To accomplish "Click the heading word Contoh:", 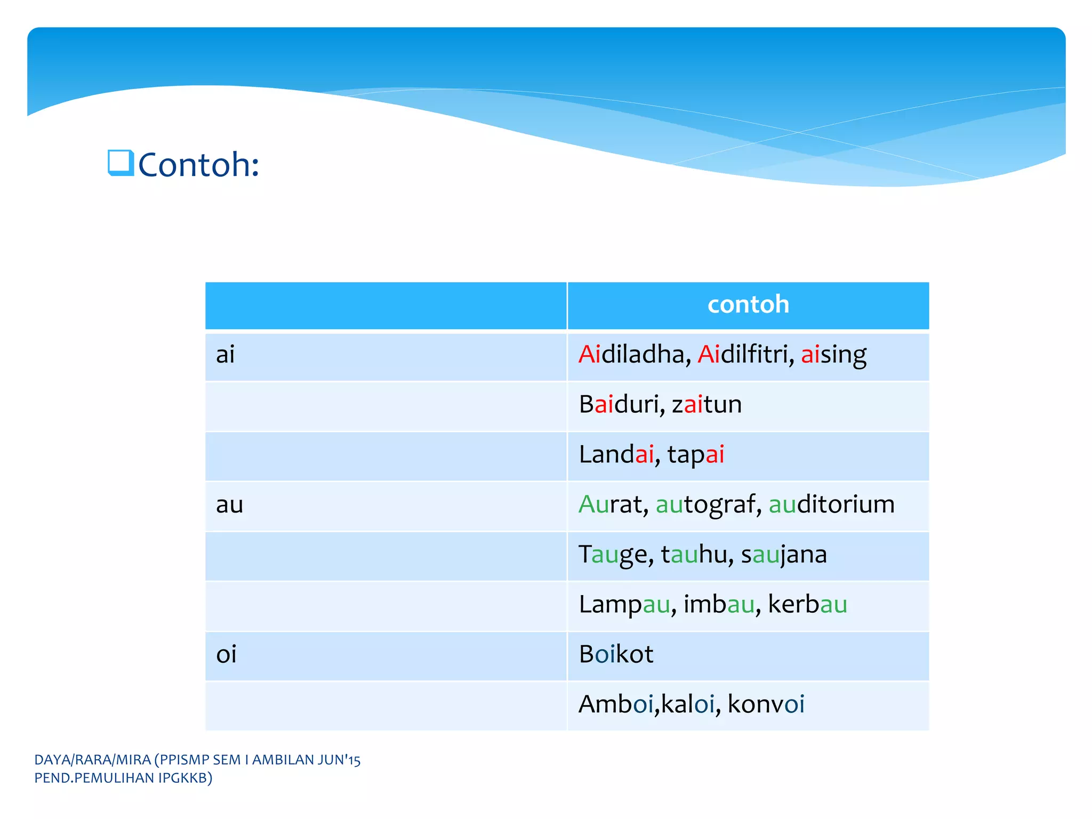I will coord(198,165).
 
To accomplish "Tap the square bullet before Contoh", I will coord(120,163).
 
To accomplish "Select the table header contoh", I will coord(748,304).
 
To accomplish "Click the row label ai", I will coord(225,355).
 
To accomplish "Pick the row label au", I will coord(229,504).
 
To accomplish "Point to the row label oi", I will coord(226,654).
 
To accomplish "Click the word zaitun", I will coord(706,405).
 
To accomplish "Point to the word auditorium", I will coord(831,504).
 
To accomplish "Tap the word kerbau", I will coord(807,604).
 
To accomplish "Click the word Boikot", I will coord(616,654).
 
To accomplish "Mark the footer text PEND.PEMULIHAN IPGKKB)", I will coord(123,778).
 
